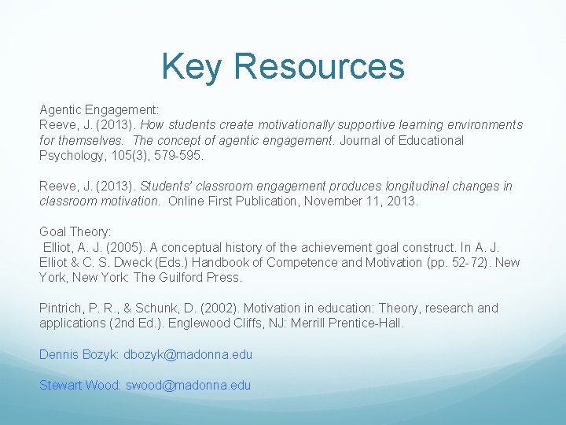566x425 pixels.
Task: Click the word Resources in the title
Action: tap(319, 66)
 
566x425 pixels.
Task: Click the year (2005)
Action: tap(127, 247)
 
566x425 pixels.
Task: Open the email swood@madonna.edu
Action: tap(189, 385)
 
